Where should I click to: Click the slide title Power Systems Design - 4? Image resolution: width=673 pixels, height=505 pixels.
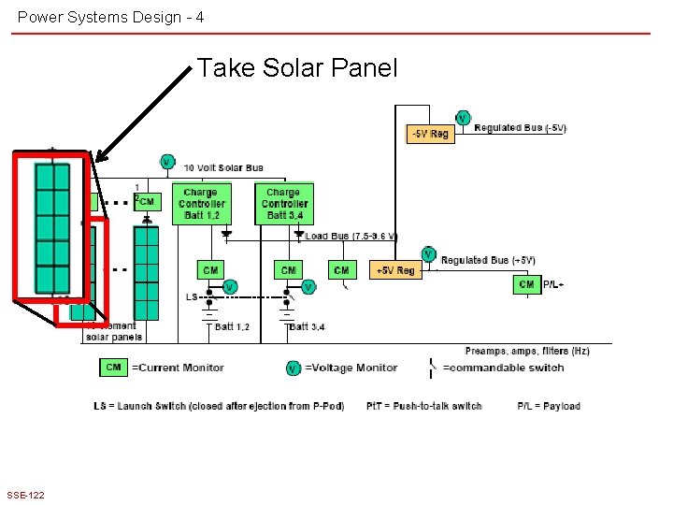pos(111,17)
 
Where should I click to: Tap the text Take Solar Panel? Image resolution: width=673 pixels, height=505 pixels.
pos(297,68)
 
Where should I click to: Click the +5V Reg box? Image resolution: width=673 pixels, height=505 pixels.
pos(395,270)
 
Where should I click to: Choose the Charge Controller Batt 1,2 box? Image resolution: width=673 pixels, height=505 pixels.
pos(201,204)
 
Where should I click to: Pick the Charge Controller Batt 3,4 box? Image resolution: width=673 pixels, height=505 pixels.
pos(284,204)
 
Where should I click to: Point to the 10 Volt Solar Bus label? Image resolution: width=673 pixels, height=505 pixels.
pos(223,168)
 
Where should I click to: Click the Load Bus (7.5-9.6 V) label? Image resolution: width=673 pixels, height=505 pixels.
pos(351,237)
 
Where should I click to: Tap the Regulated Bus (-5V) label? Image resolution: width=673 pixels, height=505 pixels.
pos(520,128)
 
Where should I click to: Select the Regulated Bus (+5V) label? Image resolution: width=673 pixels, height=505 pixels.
pos(487,260)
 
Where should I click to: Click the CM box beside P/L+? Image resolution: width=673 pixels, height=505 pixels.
pos(526,284)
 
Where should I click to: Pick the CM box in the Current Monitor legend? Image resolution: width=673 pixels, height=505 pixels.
pos(113,368)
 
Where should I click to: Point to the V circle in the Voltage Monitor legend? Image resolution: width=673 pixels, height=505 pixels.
pos(294,368)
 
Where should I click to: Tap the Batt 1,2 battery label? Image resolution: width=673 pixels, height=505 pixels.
pos(232,326)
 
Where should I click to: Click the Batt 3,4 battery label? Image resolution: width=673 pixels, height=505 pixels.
pos(308,326)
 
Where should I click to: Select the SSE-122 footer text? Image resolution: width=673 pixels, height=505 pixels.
pos(24,495)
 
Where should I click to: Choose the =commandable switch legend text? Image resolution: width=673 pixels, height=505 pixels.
pos(503,368)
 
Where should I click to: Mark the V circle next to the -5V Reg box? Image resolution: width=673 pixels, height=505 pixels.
pos(463,119)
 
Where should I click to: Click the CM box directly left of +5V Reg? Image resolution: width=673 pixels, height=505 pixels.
pos(342,270)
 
